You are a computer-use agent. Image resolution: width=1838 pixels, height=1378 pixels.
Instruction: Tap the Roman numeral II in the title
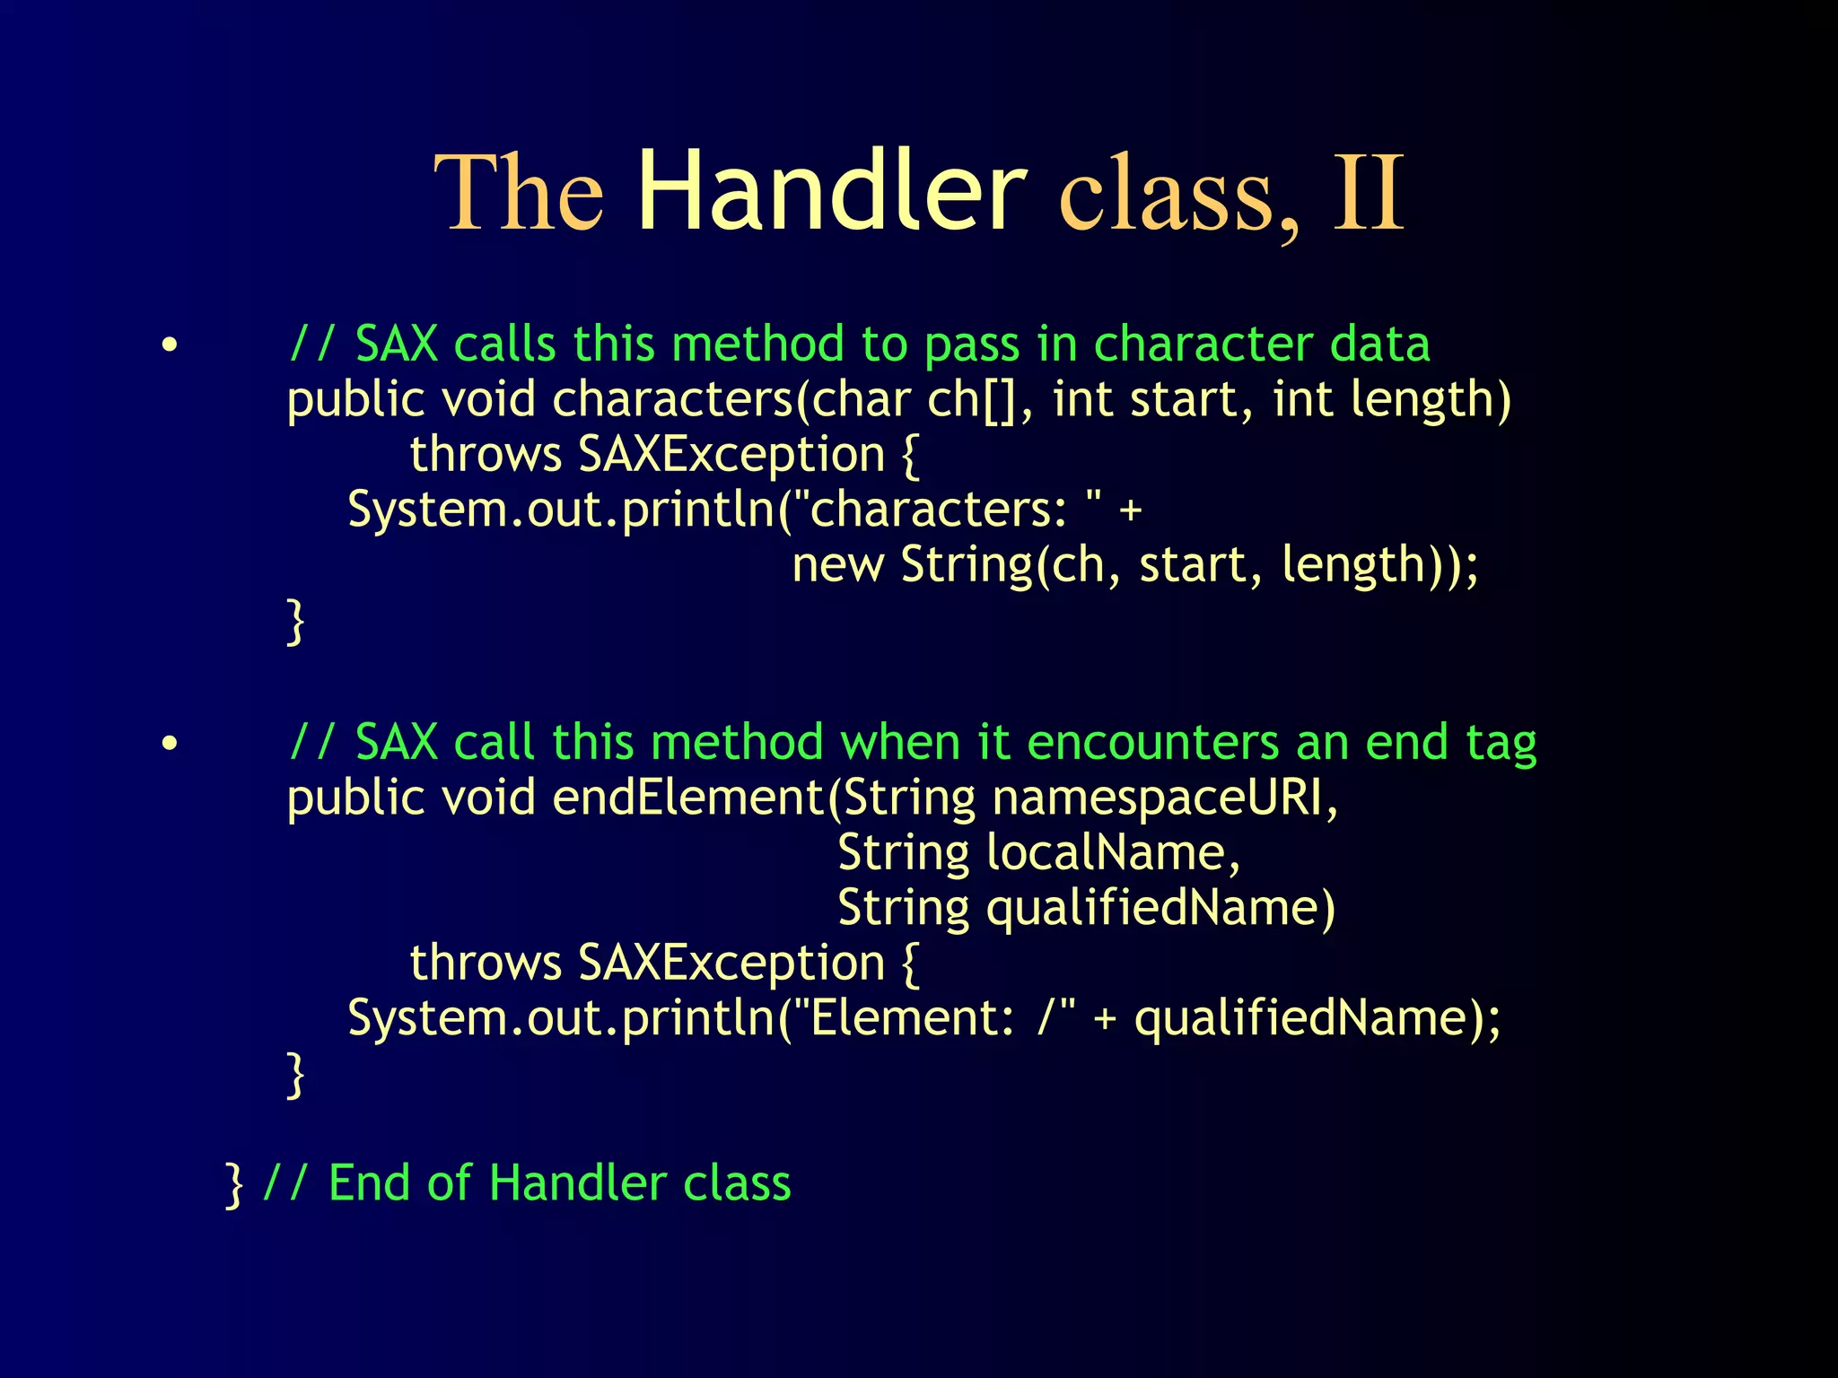[x=1368, y=193]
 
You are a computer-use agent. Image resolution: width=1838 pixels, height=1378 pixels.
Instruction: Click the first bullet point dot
[x=170, y=345]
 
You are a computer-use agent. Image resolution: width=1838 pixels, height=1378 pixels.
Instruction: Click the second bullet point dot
[x=170, y=744]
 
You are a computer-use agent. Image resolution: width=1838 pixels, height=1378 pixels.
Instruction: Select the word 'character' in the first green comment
[x=1203, y=344]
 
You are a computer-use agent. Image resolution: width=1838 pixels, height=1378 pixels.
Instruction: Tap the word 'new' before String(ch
[x=837, y=565]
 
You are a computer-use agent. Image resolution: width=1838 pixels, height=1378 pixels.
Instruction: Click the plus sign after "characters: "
[x=1131, y=510]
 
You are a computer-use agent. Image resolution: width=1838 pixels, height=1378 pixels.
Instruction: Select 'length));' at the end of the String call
[x=1379, y=566]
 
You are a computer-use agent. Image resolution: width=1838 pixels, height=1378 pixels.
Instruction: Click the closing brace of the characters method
[x=295, y=621]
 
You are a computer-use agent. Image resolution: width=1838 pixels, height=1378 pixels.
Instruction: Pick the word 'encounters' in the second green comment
[x=1153, y=743]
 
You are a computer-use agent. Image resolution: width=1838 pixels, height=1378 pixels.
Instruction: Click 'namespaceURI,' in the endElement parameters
[x=1165, y=798]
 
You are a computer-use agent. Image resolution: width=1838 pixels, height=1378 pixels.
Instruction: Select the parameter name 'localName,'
[x=1113, y=853]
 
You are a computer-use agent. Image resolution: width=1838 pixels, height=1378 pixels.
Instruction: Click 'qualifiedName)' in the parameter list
[x=1160, y=909]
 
